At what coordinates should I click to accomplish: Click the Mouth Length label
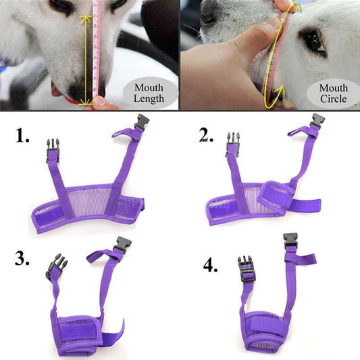[x=149, y=93]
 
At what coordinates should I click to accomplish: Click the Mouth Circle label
[x=333, y=93]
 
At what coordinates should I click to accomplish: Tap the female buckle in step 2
[x=315, y=122]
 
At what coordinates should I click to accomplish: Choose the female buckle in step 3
[x=122, y=245]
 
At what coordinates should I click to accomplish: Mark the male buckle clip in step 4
[x=245, y=267]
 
